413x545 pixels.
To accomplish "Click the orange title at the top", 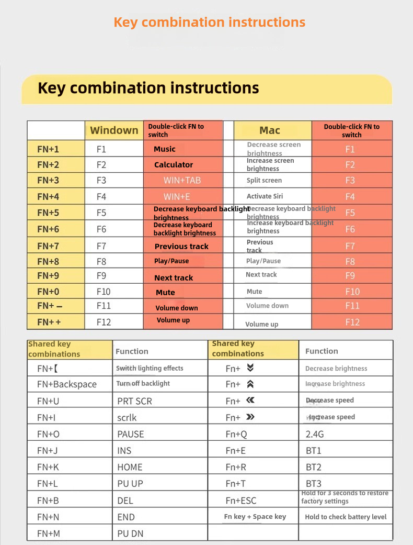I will click(x=209, y=23).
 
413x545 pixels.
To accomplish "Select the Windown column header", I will click(x=114, y=130).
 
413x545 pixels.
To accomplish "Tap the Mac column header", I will click(x=270, y=130).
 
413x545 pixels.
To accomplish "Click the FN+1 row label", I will click(x=48, y=149).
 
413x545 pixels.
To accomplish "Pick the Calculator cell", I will click(x=174, y=165).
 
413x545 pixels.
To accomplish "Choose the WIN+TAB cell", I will click(x=182, y=181).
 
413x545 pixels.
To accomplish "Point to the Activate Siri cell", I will click(x=265, y=196).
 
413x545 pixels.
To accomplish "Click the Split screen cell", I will click(x=264, y=181).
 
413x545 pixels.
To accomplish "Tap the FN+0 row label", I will click(x=48, y=292).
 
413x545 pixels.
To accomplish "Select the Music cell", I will click(x=165, y=149).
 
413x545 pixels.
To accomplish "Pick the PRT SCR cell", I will click(x=134, y=401).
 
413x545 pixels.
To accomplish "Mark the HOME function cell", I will click(x=130, y=467).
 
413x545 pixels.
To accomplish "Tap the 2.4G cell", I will click(x=315, y=434).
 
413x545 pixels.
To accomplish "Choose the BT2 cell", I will click(x=314, y=467).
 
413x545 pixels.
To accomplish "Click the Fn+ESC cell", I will click(x=241, y=500).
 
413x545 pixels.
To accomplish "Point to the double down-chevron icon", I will click(x=250, y=368).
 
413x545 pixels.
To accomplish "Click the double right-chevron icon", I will click(x=250, y=417).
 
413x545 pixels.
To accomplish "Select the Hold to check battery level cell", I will click(x=346, y=517).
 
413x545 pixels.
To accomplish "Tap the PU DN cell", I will click(x=130, y=533).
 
